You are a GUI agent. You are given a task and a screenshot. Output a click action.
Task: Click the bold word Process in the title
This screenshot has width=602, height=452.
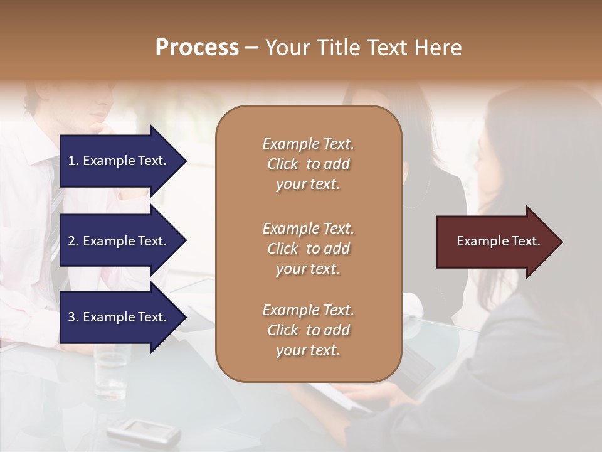pyautogui.click(x=197, y=48)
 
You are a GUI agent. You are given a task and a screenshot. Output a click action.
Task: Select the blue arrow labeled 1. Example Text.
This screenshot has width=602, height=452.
pyautogui.click(x=119, y=161)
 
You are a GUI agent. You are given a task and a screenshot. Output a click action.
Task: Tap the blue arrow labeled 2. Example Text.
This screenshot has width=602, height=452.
pyautogui.click(x=119, y=241)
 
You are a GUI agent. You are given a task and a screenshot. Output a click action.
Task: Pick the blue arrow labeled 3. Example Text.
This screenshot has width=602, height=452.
pyautogui.click(x=119, y=317)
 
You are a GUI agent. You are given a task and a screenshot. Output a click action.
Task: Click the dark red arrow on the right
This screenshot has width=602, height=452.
pyautogui.click(x=495, y=242)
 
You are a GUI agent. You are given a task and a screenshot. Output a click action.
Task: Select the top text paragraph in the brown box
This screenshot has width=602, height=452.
pyautogui.click(x=308, y=164)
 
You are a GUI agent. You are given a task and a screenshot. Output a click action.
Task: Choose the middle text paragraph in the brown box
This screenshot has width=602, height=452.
pyautogui.click(x=308, y=249)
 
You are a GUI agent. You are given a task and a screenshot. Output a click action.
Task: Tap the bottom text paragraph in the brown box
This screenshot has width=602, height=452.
pyautogui.click(x=308, y=330)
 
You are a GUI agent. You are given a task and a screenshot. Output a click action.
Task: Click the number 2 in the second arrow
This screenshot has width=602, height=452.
pyautogui.click(x=71, y=241)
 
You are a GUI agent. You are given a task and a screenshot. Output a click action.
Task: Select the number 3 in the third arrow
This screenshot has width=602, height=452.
pyautogui.click(x=71, y=317)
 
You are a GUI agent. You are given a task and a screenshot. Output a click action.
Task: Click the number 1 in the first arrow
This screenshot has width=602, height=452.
pyautogui.click(x=71, y=161)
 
